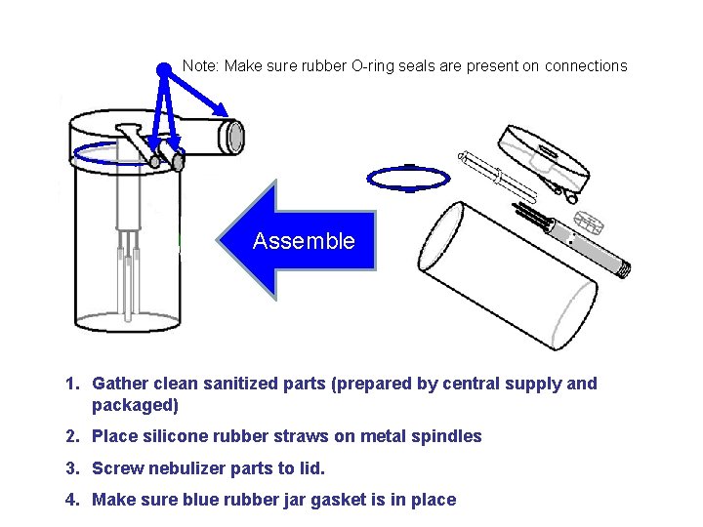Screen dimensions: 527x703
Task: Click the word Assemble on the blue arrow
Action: tap(304, 241)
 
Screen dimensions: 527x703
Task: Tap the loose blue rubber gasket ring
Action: tap(407, 178)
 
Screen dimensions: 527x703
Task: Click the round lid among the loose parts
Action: tap(544, 156)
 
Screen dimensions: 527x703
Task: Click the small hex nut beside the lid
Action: tap(583, 220)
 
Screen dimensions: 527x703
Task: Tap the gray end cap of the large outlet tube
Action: tap(234, 137)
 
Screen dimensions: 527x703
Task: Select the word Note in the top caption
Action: tap(200, 66)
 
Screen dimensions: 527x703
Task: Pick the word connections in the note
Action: tap(586, 66)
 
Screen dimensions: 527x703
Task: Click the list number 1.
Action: tap(71, 384)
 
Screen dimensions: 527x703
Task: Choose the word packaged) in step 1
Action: tap(135, 405)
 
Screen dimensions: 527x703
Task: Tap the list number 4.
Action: tap(71, 500)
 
